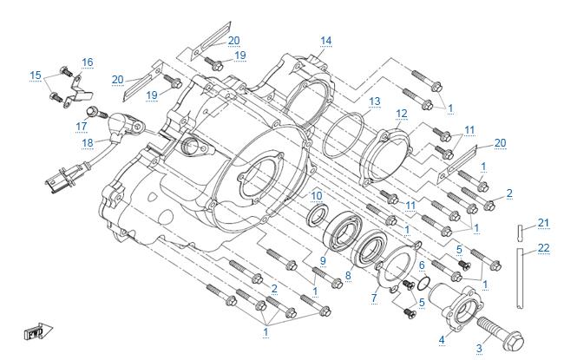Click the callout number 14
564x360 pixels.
(x=326, y=41)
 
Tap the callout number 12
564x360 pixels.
(x=402, y=114)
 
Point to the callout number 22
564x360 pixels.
(x=544, y=248)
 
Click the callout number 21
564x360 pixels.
(x=544, y=223)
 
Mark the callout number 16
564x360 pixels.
(x=88, y=62)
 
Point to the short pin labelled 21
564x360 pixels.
(x=520, y=232)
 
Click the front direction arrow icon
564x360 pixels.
(x=35, y=331)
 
